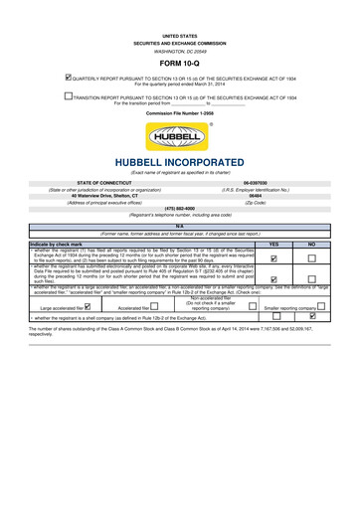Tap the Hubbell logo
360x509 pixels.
pyautogui.click(x=179, y=137)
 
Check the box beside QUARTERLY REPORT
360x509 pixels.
pyautogui.click(x=67, y=78)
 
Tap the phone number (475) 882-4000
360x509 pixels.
pyautogui.click(x=179, y=208)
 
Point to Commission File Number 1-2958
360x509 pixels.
pyautogui.click(x=179, y=114)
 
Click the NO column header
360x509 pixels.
pyautogui.click(x=311, y=244)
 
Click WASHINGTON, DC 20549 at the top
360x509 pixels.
pyautogui.click(x=179, y=51)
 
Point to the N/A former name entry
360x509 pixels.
pyautogui.click(x=179, y=227)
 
